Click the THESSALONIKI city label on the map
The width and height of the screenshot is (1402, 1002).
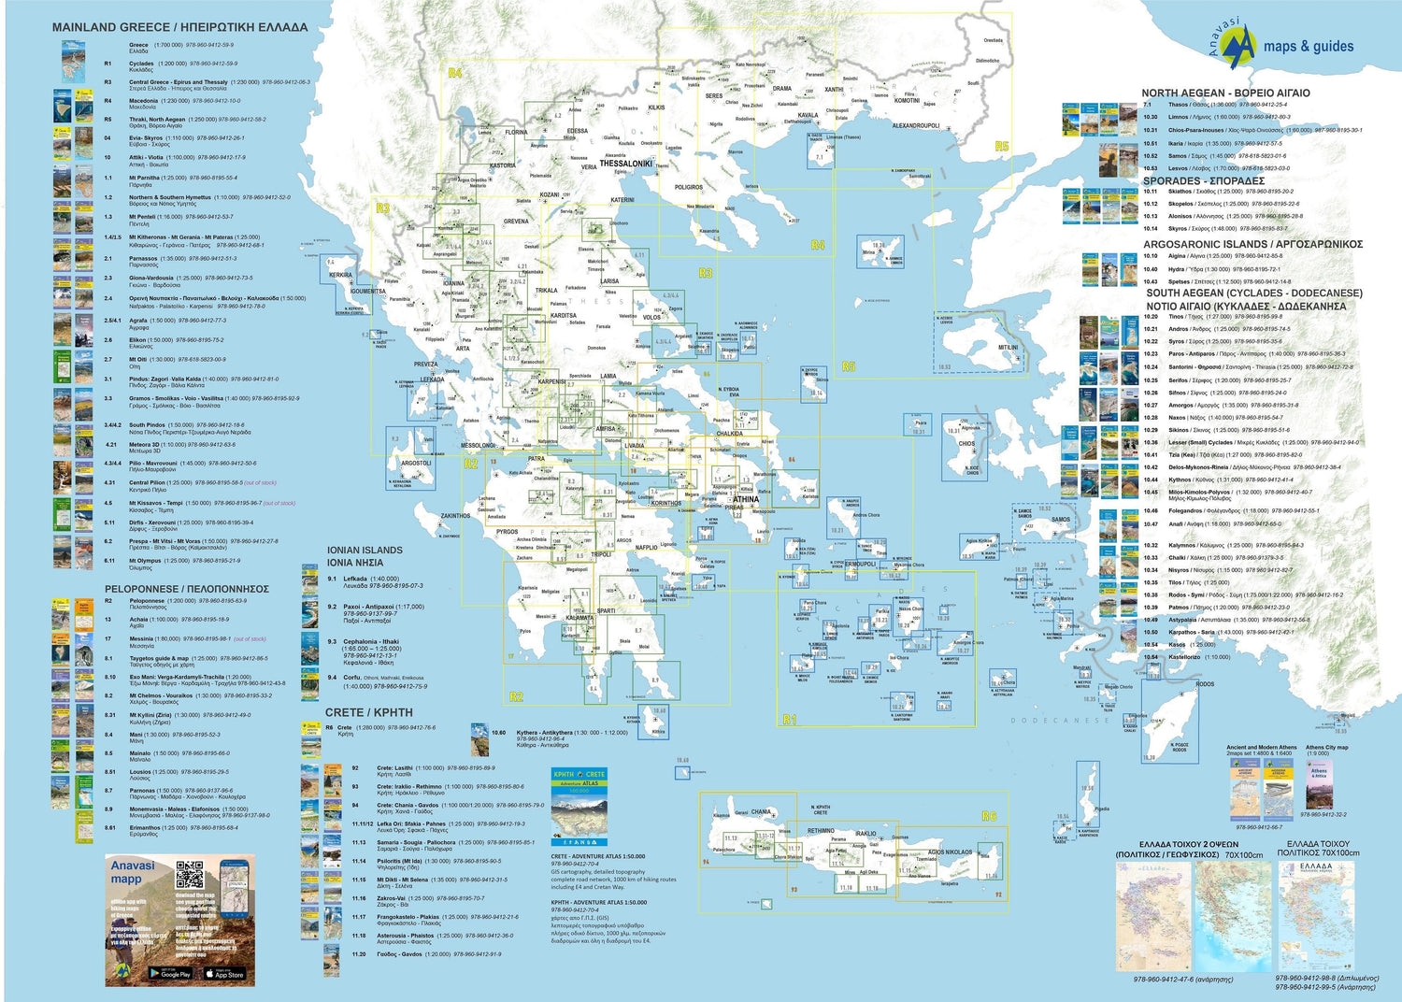625,164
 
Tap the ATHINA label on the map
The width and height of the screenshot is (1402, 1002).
746,499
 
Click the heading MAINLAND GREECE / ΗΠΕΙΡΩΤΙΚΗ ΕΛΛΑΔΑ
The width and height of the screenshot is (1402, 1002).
179,27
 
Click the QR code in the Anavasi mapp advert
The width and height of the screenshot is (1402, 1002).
190,875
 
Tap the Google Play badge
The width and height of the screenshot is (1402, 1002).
170,973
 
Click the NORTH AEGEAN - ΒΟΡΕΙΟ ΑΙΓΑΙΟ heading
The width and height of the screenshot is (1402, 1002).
1225,93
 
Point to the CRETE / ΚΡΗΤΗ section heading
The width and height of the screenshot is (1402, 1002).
368,712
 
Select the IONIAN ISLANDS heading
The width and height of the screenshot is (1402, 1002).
365,551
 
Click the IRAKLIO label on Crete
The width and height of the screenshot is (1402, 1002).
866,833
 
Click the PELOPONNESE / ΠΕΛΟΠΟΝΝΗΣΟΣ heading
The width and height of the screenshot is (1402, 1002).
187,589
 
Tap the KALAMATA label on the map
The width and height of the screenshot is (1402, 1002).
579,618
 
